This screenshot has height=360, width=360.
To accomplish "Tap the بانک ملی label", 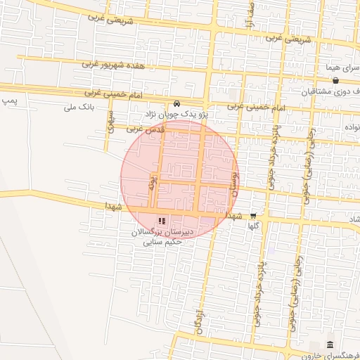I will coord(79,107).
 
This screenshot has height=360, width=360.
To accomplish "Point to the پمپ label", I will coord(8,102).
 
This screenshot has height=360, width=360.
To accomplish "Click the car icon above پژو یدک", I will coord(176,102).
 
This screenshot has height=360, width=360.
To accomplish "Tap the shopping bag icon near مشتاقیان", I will coord(336,81).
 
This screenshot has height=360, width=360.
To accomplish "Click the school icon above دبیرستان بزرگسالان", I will coord(163,220).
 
